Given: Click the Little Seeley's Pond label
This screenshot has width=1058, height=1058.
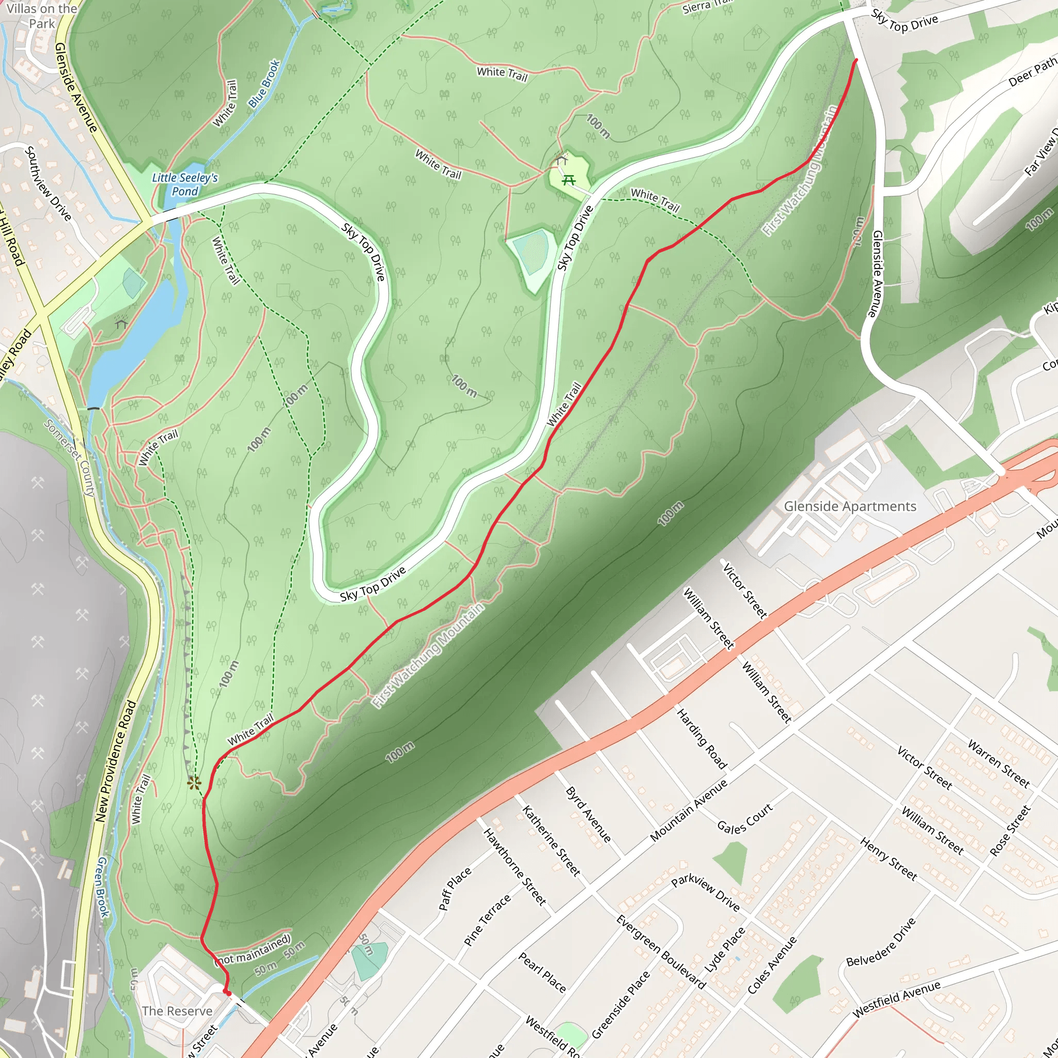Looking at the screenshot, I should [184, 184].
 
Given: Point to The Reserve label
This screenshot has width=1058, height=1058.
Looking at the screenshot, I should [176, 1011].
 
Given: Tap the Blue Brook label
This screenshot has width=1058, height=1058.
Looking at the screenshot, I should [264, 83].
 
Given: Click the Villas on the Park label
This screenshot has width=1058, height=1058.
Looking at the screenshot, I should [42, 15].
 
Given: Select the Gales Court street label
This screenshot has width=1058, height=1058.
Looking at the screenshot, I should [745, 819].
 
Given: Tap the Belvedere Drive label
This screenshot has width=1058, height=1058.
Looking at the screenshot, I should [881, 942].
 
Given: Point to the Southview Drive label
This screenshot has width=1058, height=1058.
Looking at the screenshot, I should [48, 183].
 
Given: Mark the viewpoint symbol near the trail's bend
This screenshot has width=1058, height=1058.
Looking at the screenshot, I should [193, 783].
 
